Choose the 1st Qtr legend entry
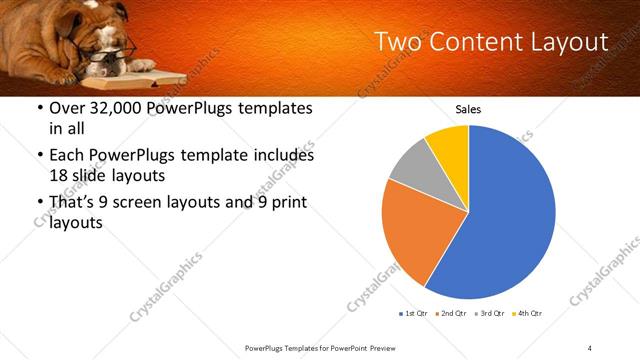pos(414,314)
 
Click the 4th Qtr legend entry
pos(528,314)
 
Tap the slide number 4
pos(589,347)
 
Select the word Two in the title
pos(398,42)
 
